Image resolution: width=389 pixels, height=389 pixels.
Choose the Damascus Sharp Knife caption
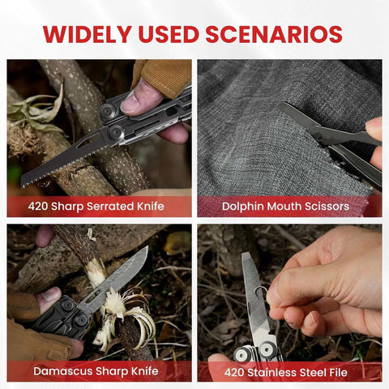pyautogui.click(x=96, y=371)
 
